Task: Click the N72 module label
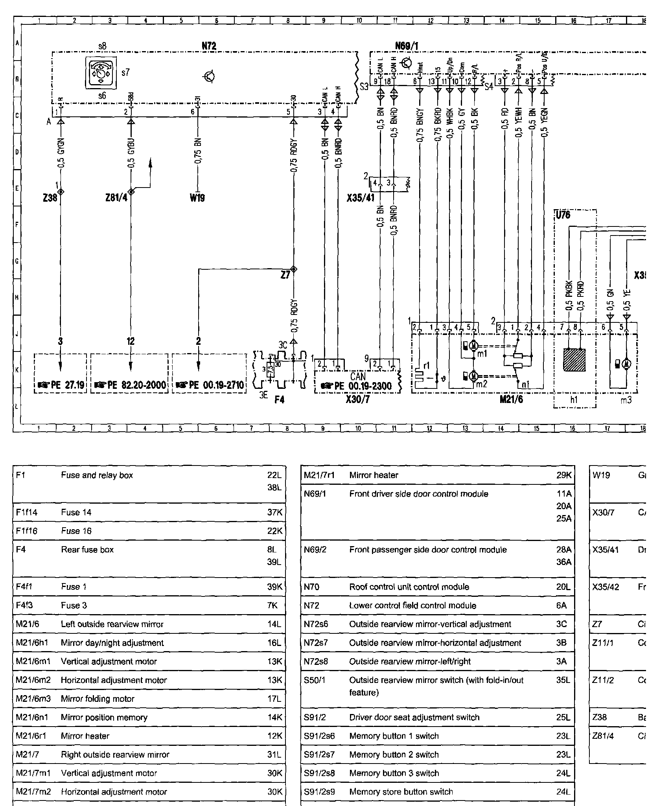pos(209,46)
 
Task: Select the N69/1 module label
pos(407,46)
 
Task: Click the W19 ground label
pos(197,198)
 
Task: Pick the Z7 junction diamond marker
pos(293,269)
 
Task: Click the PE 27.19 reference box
pos(60,374)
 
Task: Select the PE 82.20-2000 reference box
pos(129,374)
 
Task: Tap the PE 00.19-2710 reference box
pos(209,374)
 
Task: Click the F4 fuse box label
pos(279,400)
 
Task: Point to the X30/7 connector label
pos(358,400)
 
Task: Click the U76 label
pos(563,215)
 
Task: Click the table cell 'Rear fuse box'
pos(87,550)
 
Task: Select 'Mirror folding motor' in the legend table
pos(98,699)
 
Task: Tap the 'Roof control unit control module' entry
pos(409,587)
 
